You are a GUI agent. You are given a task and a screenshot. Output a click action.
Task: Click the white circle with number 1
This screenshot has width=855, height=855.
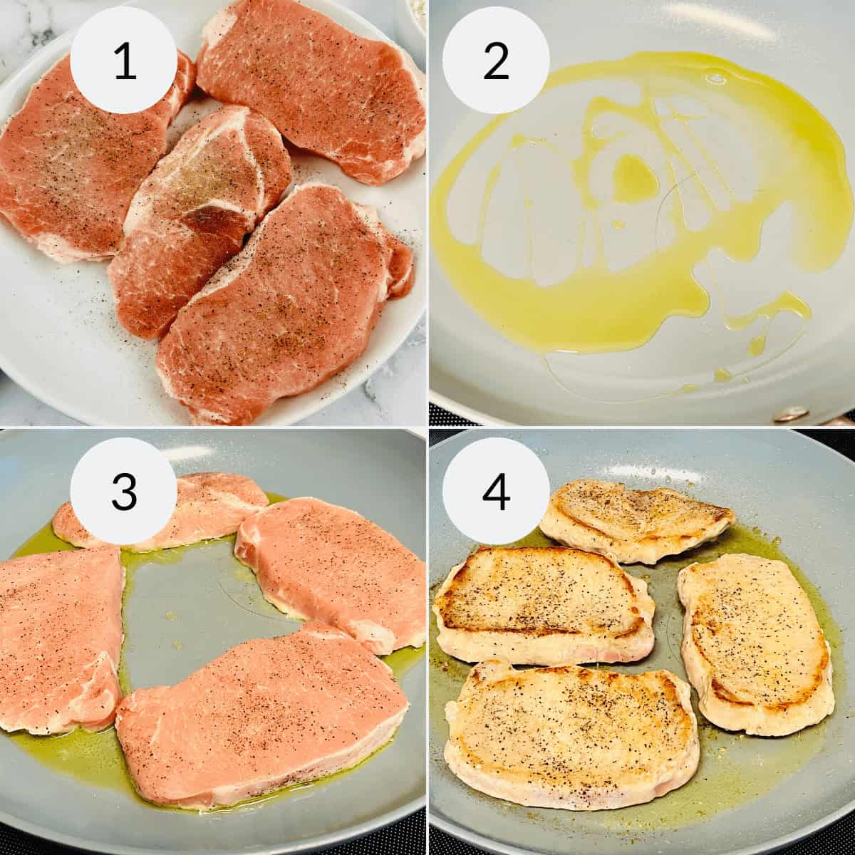coord(124,60)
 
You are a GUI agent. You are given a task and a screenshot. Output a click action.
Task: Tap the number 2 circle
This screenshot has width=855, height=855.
coord(496,60)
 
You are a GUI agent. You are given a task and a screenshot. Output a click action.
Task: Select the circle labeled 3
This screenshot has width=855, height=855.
coord(124,491)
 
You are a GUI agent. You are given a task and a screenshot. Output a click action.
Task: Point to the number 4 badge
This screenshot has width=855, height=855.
coord(496,491)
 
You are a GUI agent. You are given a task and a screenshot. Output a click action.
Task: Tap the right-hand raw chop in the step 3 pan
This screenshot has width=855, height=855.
coord(335,570)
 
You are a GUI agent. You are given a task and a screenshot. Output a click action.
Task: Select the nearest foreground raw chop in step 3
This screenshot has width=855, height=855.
coord(256,712)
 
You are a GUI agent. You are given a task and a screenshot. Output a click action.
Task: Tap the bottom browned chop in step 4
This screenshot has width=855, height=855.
coord(570,734)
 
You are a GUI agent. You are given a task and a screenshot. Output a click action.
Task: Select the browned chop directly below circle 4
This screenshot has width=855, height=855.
coord(541,606)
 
